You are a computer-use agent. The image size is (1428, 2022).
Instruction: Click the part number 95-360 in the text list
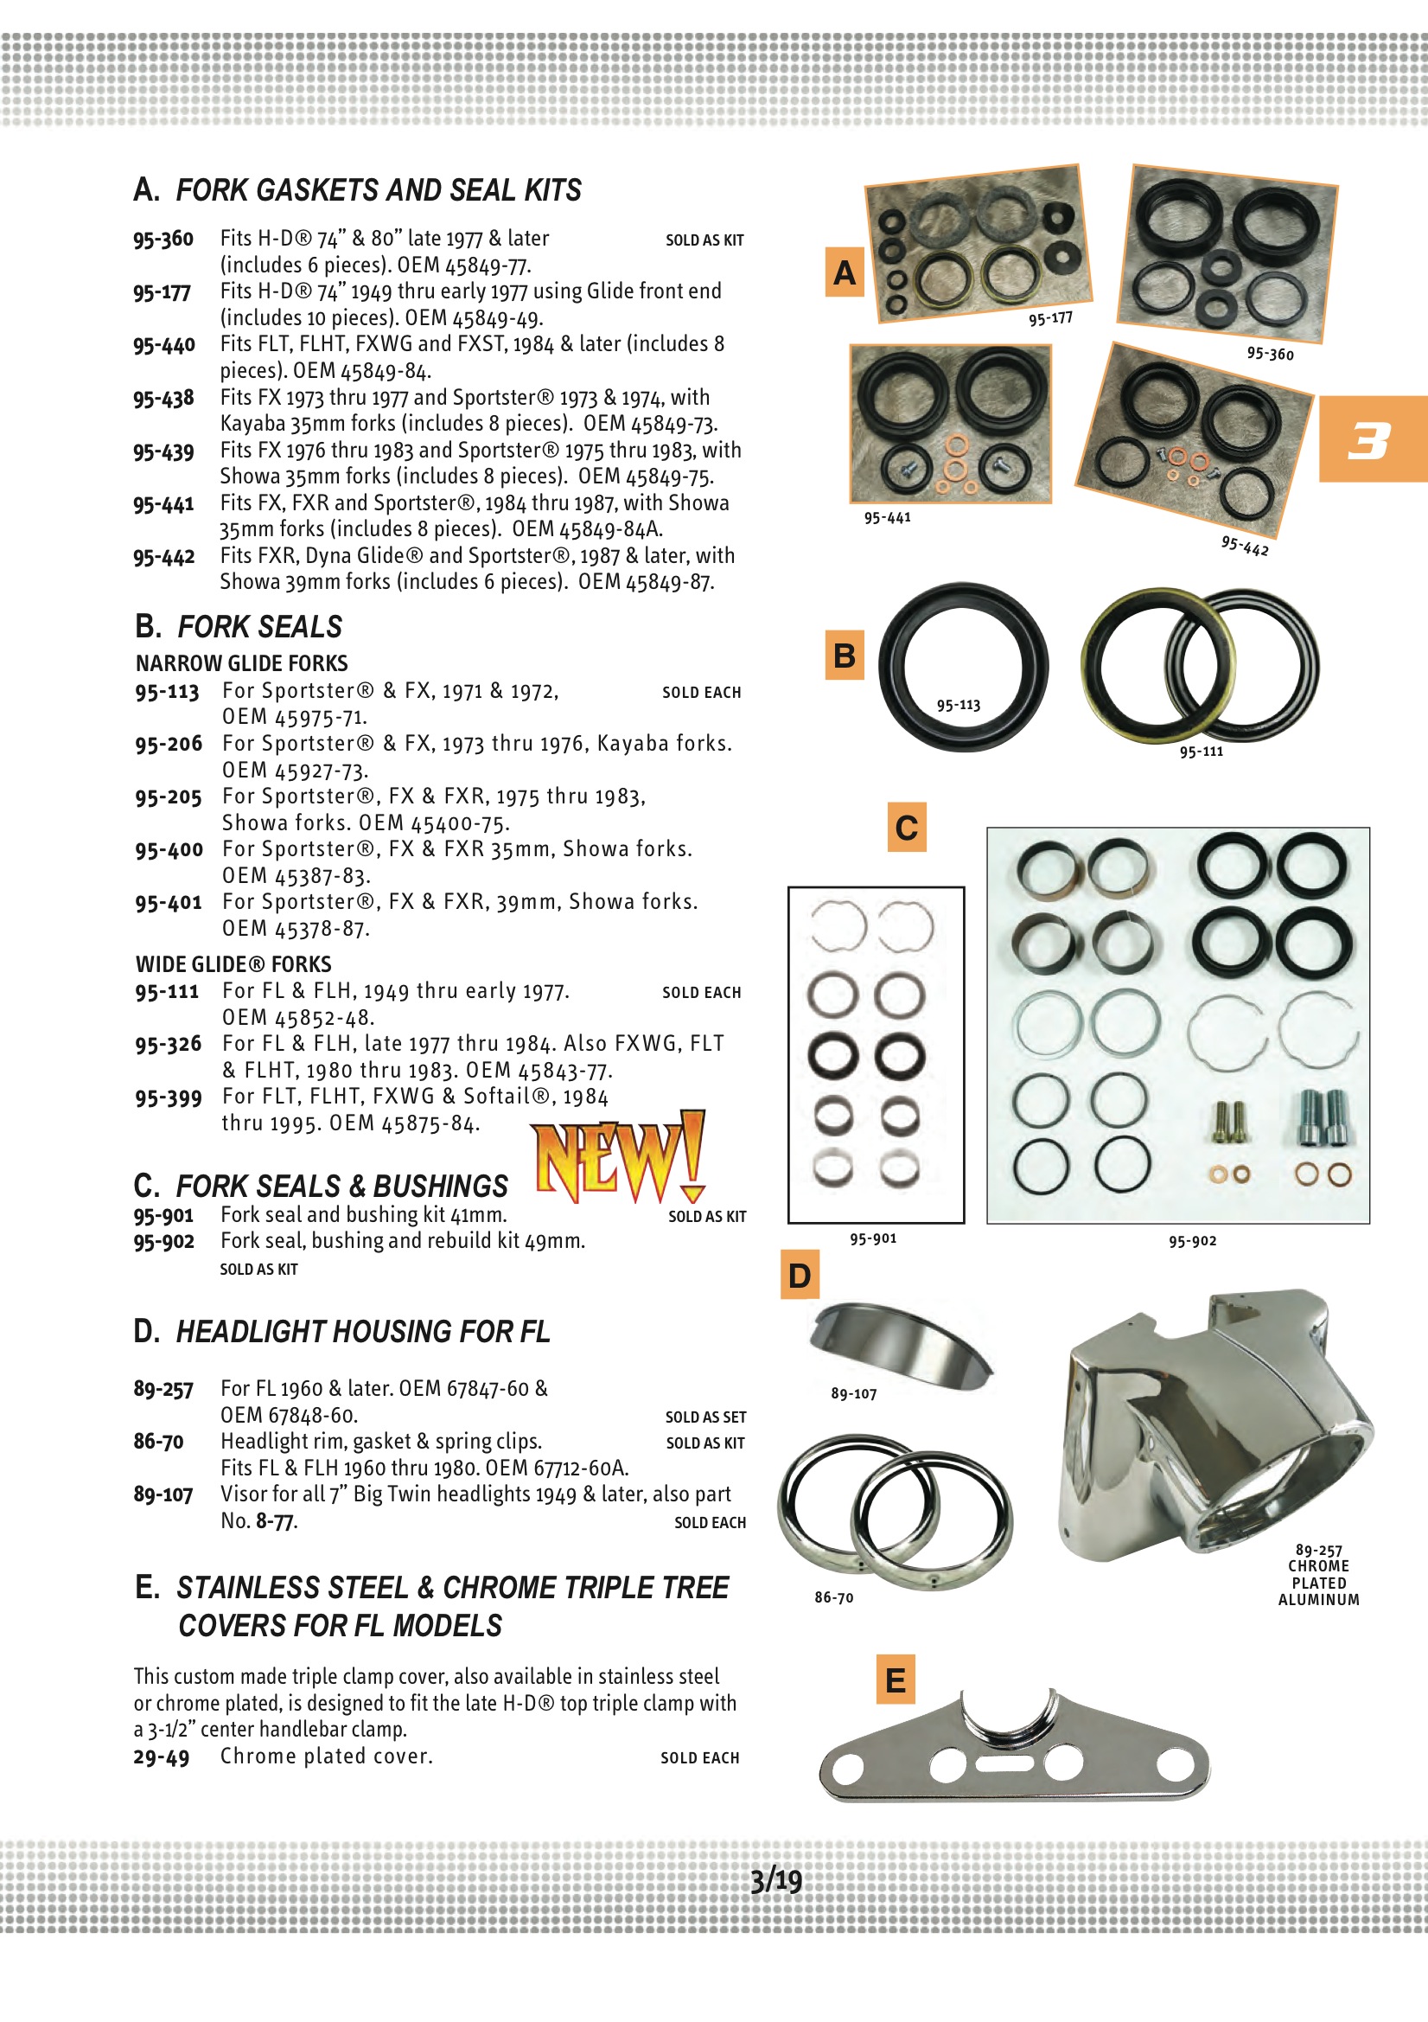pos(163,239)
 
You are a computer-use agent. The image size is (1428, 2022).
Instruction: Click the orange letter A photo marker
pos(844,272)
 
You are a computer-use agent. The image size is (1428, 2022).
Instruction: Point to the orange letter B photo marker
pos(844,656)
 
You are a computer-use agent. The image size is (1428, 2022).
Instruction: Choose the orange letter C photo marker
pos(906,827)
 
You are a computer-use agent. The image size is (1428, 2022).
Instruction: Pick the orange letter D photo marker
pos(800,1275)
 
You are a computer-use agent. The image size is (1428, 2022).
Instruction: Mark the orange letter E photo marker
pos(895,1680)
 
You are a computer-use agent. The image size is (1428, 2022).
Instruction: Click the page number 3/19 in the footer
pos(775,1881)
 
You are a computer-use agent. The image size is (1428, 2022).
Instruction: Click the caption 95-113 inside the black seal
pos(958,706)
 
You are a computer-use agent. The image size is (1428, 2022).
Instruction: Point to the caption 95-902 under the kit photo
pos(1192,1242)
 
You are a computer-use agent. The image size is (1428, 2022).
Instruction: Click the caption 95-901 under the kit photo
pos(872,1239)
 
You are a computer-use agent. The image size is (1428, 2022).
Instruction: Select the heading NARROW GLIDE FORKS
pos(241,663)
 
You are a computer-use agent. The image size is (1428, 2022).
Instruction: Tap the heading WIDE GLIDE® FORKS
pos(233,964)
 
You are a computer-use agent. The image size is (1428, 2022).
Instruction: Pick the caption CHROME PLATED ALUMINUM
pos(1318,1583)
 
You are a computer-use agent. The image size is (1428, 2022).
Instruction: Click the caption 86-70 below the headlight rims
pos(832,1597)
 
